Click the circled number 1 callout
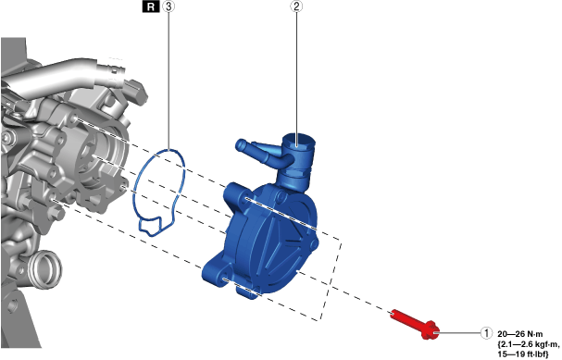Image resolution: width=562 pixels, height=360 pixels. pyautogui.click(x=486, y=333)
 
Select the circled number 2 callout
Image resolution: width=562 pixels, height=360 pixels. pyautogui.click(x=296, y=6)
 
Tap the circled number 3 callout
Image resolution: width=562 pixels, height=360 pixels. pyautogui.click(x=169, y=6)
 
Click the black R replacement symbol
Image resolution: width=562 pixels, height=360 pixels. pyautogui.click(x=151, y=6)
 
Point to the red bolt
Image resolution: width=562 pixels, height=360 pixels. pyautogui.click(x=415, y=325)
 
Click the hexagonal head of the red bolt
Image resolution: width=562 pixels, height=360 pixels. pyautogui.click(x=431, y=332)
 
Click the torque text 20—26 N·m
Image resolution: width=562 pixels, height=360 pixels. pyautogui.click(x=520, y=334)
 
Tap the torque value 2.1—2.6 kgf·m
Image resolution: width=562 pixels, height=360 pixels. pyautogui.click(x=528, y=344)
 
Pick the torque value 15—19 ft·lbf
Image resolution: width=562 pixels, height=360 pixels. pyautogui.click(x=523, y=354)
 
